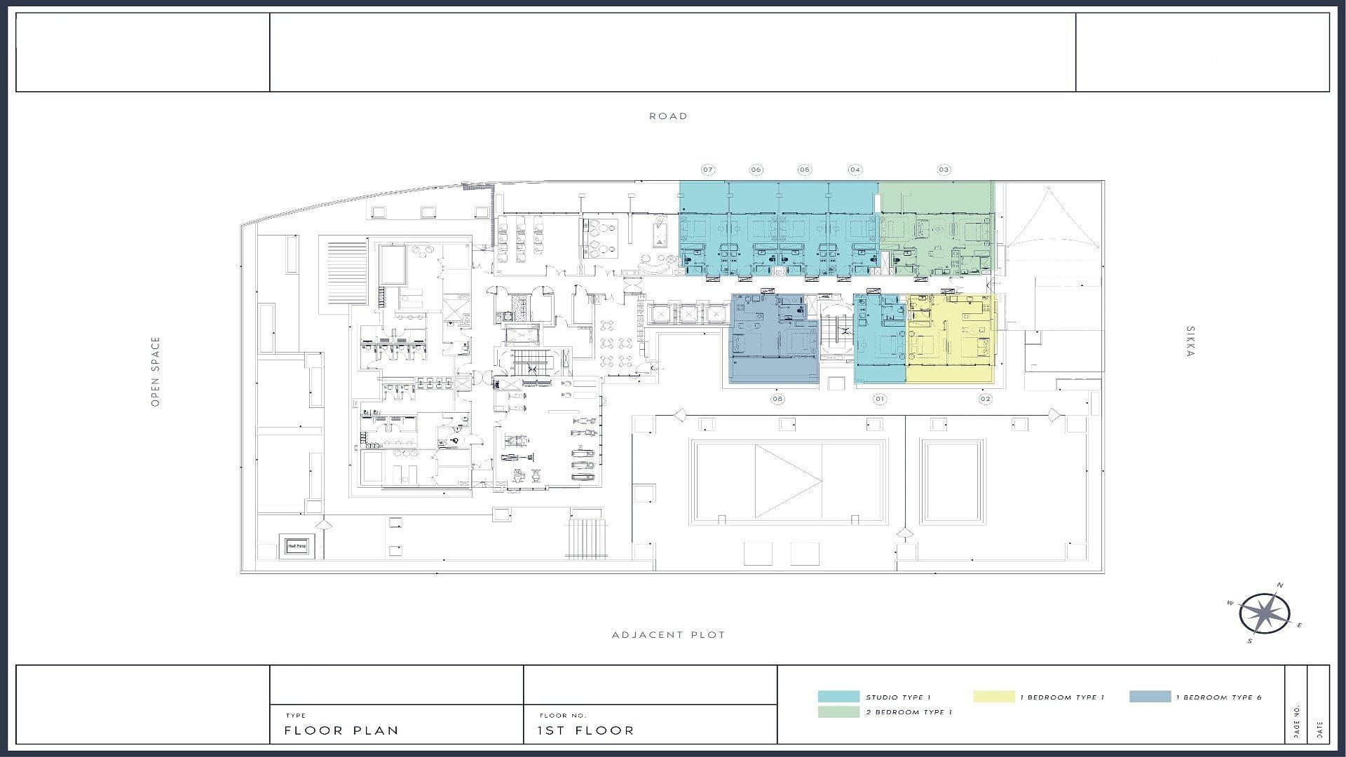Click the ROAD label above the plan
tap(668, 116)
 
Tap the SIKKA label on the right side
tap(1190, 341)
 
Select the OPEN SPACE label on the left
tap(156, 371)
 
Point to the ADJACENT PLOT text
tap(668, 635)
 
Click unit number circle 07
tap(708, 170)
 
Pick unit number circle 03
tap(944, 170)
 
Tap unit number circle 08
tap(777, 399)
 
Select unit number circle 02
tap(985, 399)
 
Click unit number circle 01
tap(879, 399)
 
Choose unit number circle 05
tap(804, 170)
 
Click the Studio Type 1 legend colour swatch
tap(838, 697)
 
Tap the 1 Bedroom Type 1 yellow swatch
tap(993, 697)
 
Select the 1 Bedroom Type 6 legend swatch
tap(1150, 697)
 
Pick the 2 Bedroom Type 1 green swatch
tap(838, 712)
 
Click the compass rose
tap(1264, 614)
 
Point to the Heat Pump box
tap(297, 546)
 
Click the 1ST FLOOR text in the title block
tap(585, 730)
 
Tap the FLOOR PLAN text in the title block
tap(341, 730)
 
